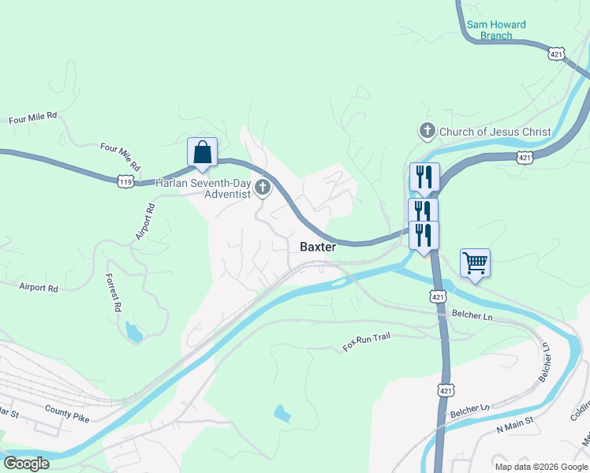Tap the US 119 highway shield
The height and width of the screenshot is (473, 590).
(x=124, y=181)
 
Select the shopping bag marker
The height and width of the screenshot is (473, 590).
(x=202, y=153)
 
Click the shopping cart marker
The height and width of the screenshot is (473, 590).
(x=475, y=263)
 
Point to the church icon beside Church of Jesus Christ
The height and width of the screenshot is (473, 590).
(x=428, y=131)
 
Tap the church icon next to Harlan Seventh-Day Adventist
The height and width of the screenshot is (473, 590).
(x=263, y=188)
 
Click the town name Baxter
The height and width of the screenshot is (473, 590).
(x=318, y=247)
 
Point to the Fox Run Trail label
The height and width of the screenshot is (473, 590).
(x=367, y=342)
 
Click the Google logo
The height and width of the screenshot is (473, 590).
(x=26, y=464)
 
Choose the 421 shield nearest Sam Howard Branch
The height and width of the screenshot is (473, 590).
(x=557, y=54)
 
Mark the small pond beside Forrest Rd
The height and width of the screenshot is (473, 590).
(x=134, y=333)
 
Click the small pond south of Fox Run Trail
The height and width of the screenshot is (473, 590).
(x=282, y=412)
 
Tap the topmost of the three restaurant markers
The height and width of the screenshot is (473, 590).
(x=424, y=177)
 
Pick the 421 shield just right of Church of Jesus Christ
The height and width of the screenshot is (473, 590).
(x=525, y=158)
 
